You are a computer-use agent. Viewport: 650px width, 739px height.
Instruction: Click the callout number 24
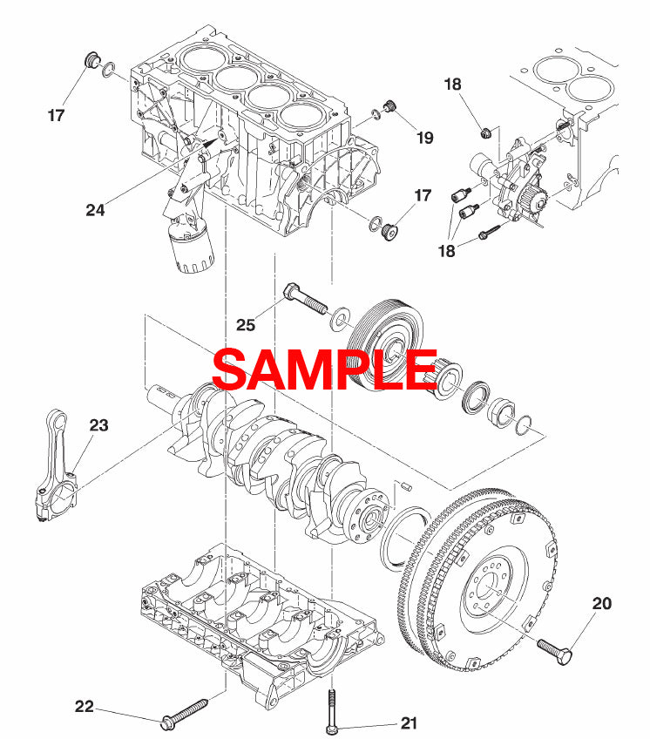tap(97, 209)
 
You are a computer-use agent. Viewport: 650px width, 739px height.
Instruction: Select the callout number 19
tap(424, 137)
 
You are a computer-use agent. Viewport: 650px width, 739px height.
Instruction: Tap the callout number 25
tap(247, 324)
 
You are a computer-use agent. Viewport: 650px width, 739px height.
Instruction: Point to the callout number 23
tap(98, 425)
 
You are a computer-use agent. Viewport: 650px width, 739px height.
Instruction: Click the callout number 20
tap(603, 601)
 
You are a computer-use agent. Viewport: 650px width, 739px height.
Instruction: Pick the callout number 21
tap(410, 722)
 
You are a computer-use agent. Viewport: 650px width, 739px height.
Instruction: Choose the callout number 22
tap(84, 707)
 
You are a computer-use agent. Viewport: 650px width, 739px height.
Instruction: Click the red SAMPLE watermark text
tap(324, 369)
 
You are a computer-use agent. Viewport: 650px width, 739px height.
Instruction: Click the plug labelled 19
tap(391, 108)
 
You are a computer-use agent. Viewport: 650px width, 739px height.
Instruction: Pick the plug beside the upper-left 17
tap(89, 61)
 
